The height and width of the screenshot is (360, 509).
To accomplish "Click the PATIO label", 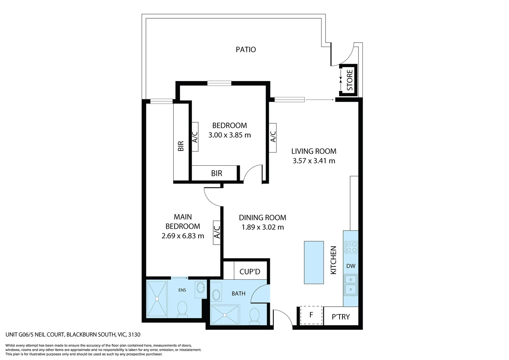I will pyautogui.click(x=246, y=50).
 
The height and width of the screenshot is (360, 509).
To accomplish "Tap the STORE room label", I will pyautogui.click(x=349, y=80).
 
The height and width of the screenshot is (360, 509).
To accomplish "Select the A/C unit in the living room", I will pyautogui.click(x=273, y=137).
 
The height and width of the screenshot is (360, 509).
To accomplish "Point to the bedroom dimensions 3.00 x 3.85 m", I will pyautogui.click(x=230, y=135).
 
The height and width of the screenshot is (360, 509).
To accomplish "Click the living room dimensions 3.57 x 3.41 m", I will pyautogui.click(x=314, y=161).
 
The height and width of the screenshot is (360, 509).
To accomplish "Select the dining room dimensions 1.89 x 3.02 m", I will pyautogui.click(x=262, y=227).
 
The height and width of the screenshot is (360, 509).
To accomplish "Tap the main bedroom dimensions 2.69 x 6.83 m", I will pyautogui.click(x=183, y=236).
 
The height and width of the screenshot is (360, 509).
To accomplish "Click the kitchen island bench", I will pyautogui.click(x=314, y=262).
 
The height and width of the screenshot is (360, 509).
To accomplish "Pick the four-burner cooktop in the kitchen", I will pyautogui.click(x=351, y=247).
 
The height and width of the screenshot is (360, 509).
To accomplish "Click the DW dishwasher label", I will pyautogui.click(x=351, y=266).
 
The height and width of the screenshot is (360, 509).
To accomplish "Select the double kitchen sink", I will pyautogui.click(x=351, y=285).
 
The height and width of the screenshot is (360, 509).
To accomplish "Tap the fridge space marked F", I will pyautogui.click(x=311, y=315).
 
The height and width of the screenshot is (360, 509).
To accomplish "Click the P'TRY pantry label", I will pyautogui.click(x=341, y=317).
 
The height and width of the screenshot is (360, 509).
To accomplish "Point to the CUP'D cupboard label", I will pyautogui.click(x=250, y=272).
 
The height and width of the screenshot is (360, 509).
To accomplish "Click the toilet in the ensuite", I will pyautogui.click(x=182, y=308).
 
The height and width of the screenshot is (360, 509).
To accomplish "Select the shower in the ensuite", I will pyautogui.click(x=157, y=299).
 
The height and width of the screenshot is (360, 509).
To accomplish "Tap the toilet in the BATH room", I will pyautogui.click(x=254, y=315).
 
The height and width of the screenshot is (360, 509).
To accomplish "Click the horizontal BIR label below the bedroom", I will pyautogui.click(x=217, y=173).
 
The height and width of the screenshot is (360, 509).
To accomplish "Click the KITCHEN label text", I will pyautogui.click(x=333, y=260).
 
